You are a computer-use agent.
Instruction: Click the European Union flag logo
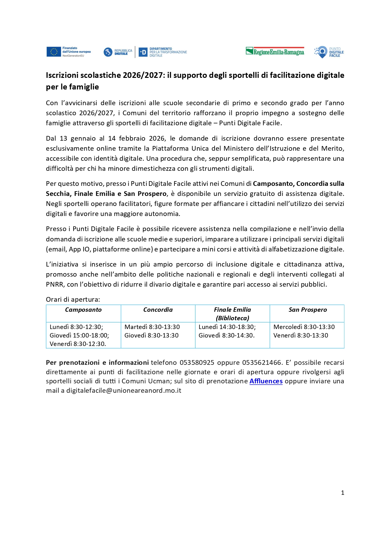pos(54,52)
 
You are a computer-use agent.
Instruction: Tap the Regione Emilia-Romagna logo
pos(275,51)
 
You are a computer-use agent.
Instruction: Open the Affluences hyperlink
pos(266,381)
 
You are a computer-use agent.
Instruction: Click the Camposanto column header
pos(83,310)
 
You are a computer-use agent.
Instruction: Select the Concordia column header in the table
pos(158,310)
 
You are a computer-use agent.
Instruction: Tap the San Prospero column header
pos(308,310)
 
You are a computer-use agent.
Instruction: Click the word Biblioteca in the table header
pos(233,318)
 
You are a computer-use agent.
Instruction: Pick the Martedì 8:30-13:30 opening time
pos(152,327)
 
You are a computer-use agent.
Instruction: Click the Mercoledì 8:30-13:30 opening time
pos(304,327)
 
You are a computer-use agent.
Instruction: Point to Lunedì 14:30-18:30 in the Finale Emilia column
pos(227,327)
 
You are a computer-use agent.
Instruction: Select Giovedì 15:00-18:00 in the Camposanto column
pos(79,335)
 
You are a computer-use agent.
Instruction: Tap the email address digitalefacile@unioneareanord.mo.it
pos(124,391)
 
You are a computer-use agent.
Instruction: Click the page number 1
pos(343,493)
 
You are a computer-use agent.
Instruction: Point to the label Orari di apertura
pos(73,300)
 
